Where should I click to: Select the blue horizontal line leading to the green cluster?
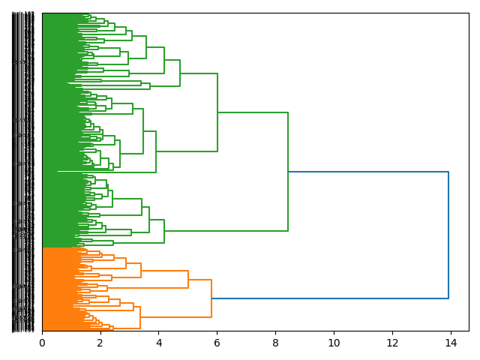(x=367, y=172)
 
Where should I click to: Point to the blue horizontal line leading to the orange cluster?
(x=330, y=298)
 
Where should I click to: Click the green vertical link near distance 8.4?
(x=288, y=172)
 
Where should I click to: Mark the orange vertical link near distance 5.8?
(x=211, y=298)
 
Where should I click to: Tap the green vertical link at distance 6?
(x=217, y=112)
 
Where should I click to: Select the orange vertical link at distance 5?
(x=188, y=279)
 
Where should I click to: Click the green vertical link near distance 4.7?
(x=180, y=73)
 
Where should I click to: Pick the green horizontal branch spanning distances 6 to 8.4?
(x=253, y=112)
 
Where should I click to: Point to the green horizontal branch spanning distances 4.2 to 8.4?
(x=226, y=231)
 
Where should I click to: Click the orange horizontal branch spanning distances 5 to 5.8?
(x=199, y=280)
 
